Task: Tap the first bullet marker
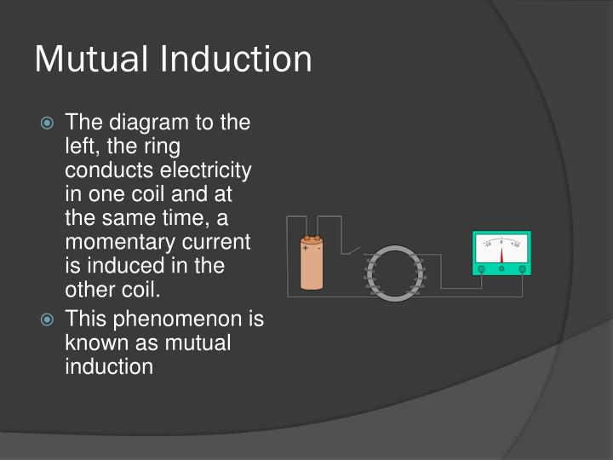[x=49, y=124]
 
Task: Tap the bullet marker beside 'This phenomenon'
[x=49, y=320]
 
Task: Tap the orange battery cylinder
[x=312, y=269]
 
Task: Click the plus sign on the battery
[x=306, y=249]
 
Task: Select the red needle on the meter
[x=501, y=254]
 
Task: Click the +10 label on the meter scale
[x=516, y=245]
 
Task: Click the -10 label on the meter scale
[x=487, y=245]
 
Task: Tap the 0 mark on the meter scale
[x=501, y=241]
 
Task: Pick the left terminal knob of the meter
[x=482, y=269]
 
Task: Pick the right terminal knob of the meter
[x=521, y=269]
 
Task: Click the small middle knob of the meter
[x=501, y=269]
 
